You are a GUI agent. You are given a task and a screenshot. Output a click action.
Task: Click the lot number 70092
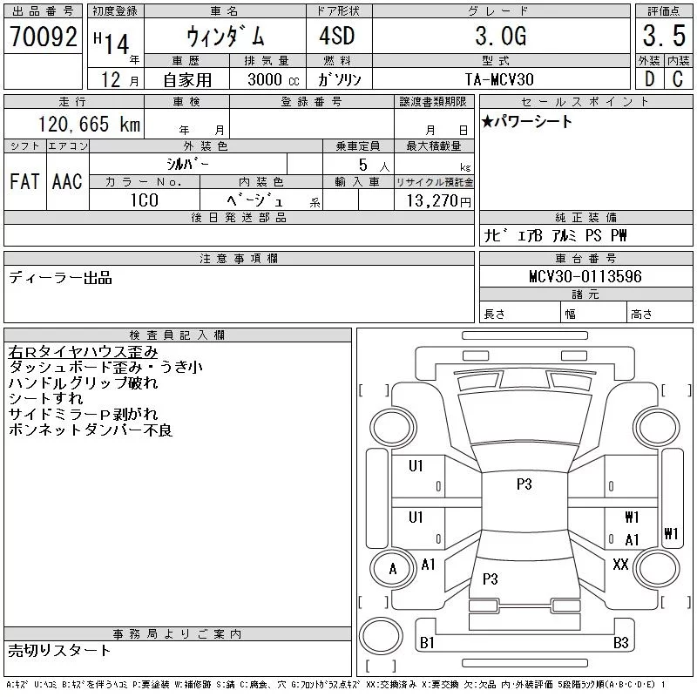click(44, 36)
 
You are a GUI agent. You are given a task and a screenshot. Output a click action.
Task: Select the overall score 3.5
click(664, 36)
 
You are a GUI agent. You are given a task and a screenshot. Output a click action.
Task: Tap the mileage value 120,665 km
click(89, 124)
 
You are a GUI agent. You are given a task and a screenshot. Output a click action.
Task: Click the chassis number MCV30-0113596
click(585, 276)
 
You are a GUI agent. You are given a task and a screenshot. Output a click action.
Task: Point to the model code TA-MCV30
click(499, 79)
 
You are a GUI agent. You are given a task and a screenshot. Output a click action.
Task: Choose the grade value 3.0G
click(501, 36)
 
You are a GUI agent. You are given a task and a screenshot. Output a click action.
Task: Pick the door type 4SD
click(337, 36)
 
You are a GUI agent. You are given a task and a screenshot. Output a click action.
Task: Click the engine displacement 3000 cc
click(274, 79)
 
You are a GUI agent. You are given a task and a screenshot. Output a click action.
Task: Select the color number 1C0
click(144, 200)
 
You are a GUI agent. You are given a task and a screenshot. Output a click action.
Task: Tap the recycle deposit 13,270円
click(439, 201)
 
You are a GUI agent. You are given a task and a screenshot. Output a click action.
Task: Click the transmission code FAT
click(24, 181)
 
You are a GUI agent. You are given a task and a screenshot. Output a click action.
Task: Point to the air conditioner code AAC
click(67, 181)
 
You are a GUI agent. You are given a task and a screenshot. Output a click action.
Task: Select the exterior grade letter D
click(649, 79)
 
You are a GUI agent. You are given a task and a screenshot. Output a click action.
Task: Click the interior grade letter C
click(678, 79)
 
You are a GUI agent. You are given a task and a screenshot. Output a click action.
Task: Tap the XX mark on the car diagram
click(620, 565)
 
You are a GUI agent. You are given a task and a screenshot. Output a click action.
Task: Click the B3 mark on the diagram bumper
click(621, 643)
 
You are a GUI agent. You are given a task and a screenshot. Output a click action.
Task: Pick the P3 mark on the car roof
click(524, 484)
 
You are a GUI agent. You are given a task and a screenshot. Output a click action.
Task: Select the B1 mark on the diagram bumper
click(427, 643)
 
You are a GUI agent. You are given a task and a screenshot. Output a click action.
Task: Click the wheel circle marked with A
click(393, 569)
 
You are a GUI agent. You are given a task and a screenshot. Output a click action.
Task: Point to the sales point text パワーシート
click(532, 121)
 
